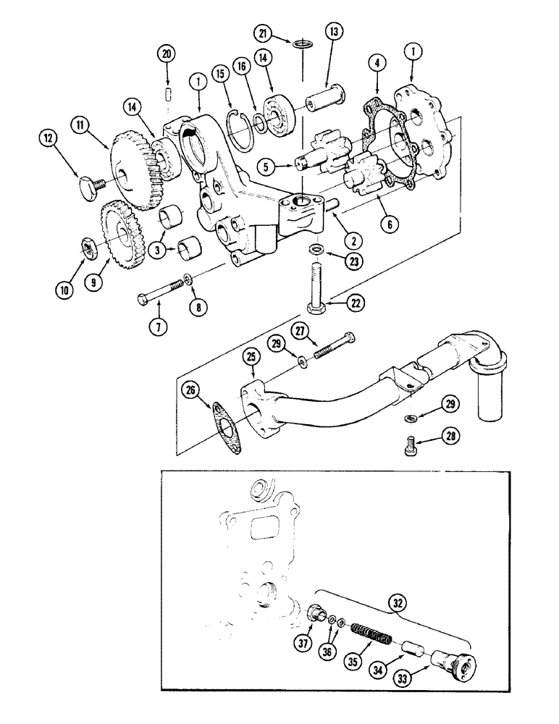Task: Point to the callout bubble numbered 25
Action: [251, 355]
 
